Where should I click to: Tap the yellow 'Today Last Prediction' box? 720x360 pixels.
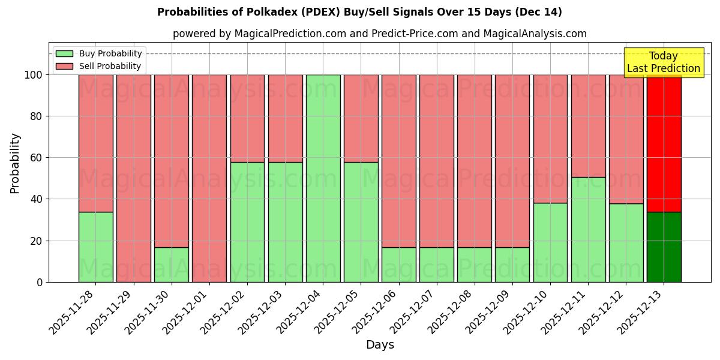click(663, 62)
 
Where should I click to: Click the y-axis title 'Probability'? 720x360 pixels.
click(15, 163)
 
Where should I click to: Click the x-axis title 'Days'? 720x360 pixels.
click(380, 345)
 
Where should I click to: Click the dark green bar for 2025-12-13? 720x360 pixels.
click(664, 247)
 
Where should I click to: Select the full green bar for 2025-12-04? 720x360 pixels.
click(323, 178)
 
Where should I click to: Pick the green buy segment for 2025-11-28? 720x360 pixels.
click(95, 247)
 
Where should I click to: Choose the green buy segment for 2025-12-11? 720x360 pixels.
click(588, 230)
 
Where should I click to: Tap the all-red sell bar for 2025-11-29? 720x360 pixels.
click(133, 178)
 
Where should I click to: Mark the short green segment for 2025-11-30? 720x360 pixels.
click(171, 265)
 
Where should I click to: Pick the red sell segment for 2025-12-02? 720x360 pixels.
click(247, 118)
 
